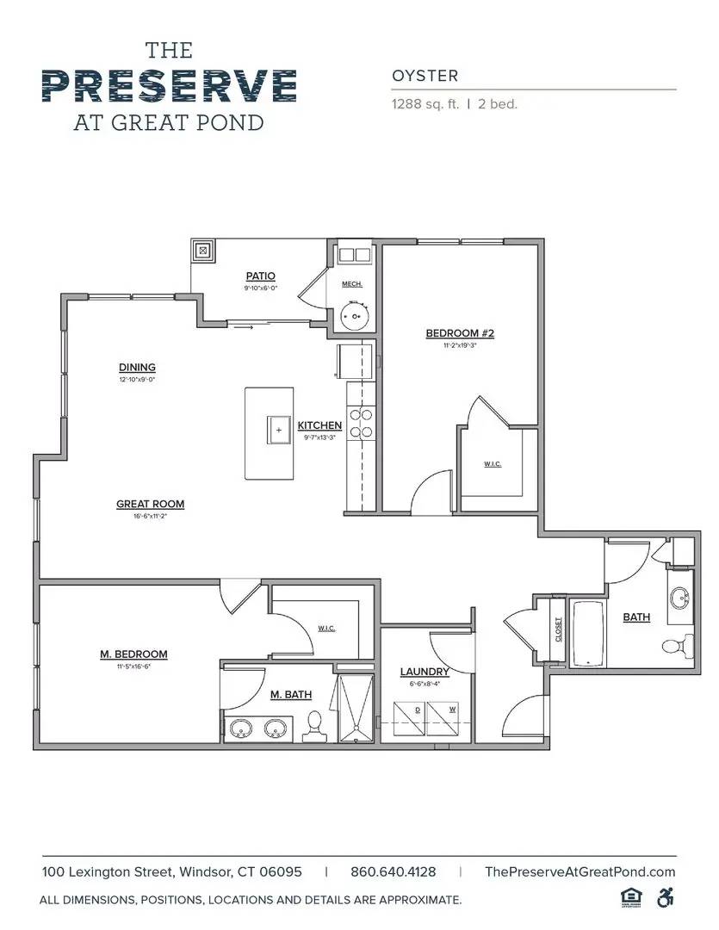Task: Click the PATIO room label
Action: (x=260, y=276)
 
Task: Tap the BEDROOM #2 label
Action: (x=460, y=333)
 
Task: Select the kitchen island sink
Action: (x=278, y=429)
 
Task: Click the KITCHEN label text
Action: (x=319, y=425)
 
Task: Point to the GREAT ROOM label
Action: (x=151, y=505)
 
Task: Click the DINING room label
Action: (x=137, y=368)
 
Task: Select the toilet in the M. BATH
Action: (x=315, y=726)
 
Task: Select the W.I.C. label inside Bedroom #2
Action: (x=493, y=464)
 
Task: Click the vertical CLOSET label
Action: (x=558, y=629)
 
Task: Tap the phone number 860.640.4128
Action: (x=393, y=871)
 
